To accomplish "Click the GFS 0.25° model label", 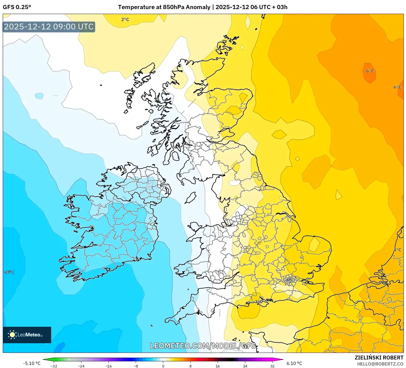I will [x=17, y=7].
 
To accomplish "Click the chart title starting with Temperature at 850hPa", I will [x=203, y=7].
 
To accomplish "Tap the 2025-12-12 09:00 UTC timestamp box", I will [x=49, y=27].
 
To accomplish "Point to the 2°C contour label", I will [x=125, y=20].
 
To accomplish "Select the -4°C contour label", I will [x=9, y=272].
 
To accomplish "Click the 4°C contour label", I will [x=397, y=250].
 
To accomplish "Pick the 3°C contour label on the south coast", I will [x=258, y=301].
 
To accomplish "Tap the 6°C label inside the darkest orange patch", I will [x=370, y=71].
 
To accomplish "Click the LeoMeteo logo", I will [x=27, y=335].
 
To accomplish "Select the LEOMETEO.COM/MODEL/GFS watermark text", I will [x=203, y=346].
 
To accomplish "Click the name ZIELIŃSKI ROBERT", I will [x=379, y=358].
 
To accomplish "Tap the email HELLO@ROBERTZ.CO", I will [x=380, y=364].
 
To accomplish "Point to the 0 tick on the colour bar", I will [x=163, y=366].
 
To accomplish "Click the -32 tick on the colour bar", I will [x=54, y=366].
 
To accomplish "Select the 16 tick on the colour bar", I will [x=218, y=366].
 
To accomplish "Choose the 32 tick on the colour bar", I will [x=272, y=366].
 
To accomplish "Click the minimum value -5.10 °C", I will [x=32, y=363].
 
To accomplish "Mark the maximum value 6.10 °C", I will [x=294, y=363].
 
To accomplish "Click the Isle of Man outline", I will [x=190, y=198].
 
